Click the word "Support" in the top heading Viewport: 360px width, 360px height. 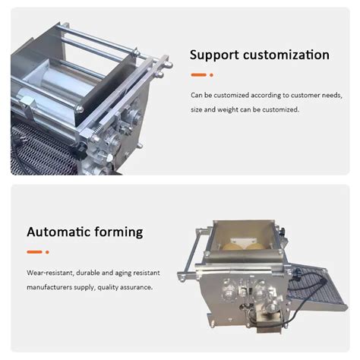point(215,55)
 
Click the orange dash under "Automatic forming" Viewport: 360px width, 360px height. point(34,251)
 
